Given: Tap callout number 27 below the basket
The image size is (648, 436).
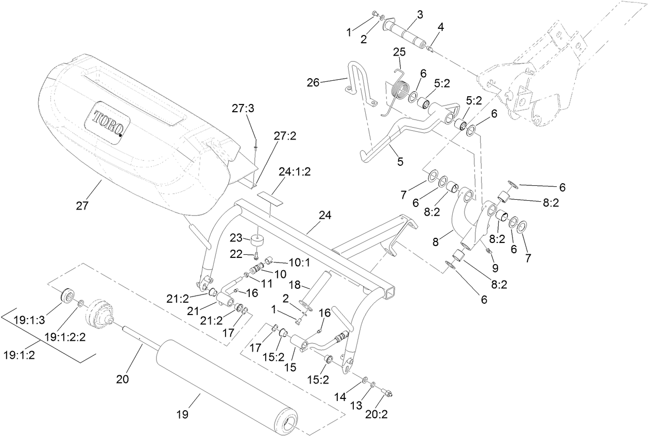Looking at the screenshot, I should tap(82, 206).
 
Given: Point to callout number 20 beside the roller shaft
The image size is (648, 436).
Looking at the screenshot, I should tap(122, 380).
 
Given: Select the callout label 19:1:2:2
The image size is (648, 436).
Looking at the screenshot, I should tap(64, 337).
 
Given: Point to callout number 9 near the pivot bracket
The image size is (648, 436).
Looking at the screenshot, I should tap(495, 268).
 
